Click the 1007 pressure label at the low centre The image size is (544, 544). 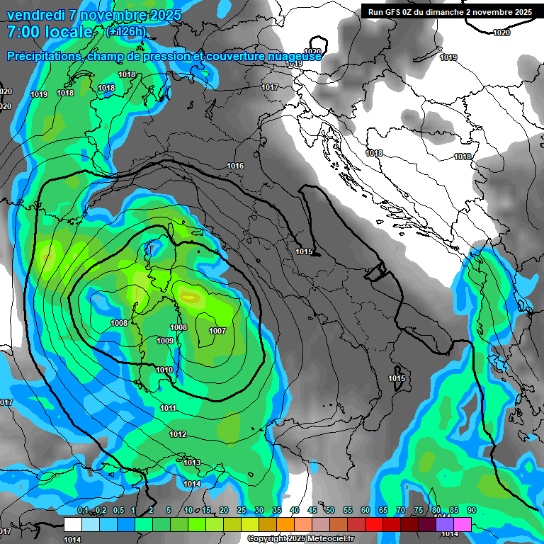pos(217,331)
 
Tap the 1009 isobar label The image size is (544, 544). pos(165,341)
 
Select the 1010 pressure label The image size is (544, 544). pos(164,370)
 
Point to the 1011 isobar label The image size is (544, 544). pos(169,408)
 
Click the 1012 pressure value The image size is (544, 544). pos(178,434)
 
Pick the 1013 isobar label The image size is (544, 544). pos(192,463)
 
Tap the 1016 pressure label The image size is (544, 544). pos(235,166)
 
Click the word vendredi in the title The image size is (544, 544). pos(38,15)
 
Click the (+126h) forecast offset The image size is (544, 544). pos(127,31)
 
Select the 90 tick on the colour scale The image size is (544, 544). pos(471,510)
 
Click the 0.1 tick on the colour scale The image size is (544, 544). pos(82,510)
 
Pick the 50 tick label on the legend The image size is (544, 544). pos(329,510)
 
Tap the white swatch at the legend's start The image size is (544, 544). pos(72,524)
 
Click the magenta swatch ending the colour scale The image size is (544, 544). pos(462,524)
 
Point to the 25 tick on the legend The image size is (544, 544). pos(241,510)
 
